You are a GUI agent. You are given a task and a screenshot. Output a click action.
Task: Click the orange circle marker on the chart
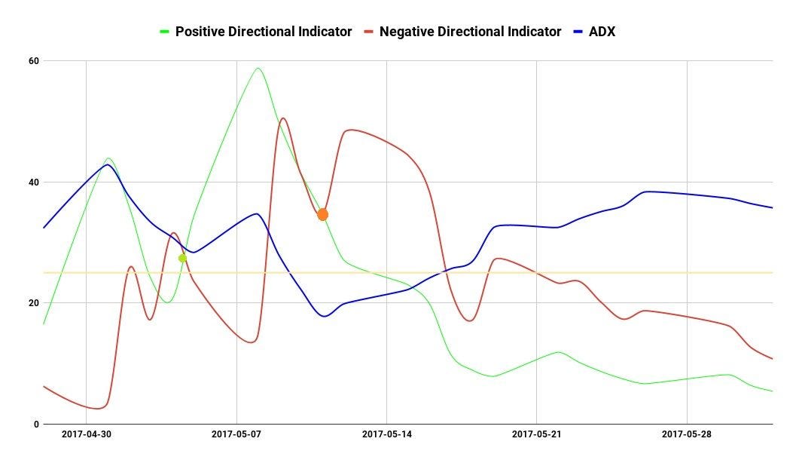coord(322,215)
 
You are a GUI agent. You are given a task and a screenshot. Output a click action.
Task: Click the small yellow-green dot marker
coord(182,258)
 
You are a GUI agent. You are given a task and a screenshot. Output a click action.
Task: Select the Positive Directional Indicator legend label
coord(263,32)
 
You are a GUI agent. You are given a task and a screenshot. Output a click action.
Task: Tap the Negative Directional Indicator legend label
coord(470,32)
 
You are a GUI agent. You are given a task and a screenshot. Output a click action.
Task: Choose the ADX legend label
coord(602,32)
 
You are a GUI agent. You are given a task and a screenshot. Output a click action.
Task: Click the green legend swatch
coord(165,32)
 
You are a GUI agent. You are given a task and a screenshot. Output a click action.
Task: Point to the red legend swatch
coord(369,32)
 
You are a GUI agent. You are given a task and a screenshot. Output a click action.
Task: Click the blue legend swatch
coord(578,32)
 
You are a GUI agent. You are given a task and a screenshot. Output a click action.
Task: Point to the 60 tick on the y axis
coord(35,60)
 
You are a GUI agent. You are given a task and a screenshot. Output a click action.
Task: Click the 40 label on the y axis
coord(35,182)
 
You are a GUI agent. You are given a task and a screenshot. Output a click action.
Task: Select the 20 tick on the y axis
coord(35,303)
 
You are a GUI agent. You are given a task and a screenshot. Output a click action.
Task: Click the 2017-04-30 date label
coord(86,434)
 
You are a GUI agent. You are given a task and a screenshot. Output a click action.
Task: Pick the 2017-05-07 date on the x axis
coord(236,434)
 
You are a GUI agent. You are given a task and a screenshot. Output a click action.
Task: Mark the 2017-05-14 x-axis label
coord(387,434)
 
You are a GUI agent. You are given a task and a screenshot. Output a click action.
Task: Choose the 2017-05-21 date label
coord(537,434)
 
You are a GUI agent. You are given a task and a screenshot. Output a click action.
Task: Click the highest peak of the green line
coord(258,69)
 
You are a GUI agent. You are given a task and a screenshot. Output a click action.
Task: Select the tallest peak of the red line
coord(282,118)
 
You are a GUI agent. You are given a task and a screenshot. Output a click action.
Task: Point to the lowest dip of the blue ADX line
coord(325,316)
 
